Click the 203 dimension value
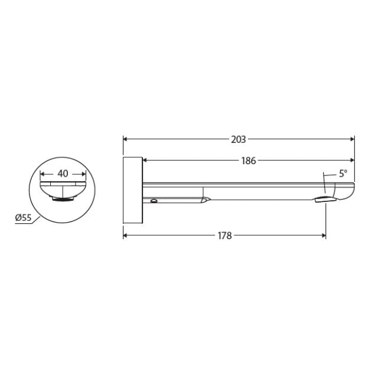239,140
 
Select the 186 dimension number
249,161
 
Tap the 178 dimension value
224,235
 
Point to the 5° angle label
343,174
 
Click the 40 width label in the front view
63,174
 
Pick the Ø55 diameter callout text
23,218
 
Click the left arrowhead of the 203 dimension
126,140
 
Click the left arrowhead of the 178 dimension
126,235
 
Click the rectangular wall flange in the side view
132,190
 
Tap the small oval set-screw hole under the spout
154,201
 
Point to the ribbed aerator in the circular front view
63,199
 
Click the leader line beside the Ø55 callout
35,220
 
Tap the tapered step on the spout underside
205,200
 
